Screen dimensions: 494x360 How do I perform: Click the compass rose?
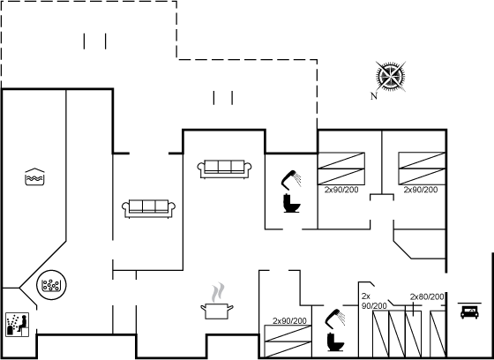click(391, 77)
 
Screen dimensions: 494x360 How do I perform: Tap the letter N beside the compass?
click(374, 96)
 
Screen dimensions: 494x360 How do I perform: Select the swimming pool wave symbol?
click(34, 176)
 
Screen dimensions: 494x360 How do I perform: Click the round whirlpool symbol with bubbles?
click(51, 285)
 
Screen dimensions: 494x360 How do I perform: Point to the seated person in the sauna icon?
click(23, 323)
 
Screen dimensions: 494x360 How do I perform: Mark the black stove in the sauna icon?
click(10, 330)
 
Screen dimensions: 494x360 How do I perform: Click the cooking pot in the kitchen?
click(217, 311)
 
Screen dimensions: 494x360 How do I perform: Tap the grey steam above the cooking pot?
click(218, 292)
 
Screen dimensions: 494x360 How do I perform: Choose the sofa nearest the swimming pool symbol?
click(149, 208)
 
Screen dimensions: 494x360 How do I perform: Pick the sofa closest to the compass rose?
click(224, 169)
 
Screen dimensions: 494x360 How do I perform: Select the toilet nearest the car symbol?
click(335, 341)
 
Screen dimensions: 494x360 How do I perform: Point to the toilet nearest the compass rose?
click(291, 203)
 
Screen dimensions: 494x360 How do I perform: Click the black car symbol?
click(469, 312)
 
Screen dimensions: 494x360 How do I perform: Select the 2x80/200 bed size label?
click(427, 297)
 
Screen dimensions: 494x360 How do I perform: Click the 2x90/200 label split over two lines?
click(374, 301)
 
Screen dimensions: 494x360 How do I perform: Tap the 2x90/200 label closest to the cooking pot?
click(289, 321)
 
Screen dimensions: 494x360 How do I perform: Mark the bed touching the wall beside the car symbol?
click(438, 334)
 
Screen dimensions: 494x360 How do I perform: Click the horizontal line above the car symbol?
click(469, 304)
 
